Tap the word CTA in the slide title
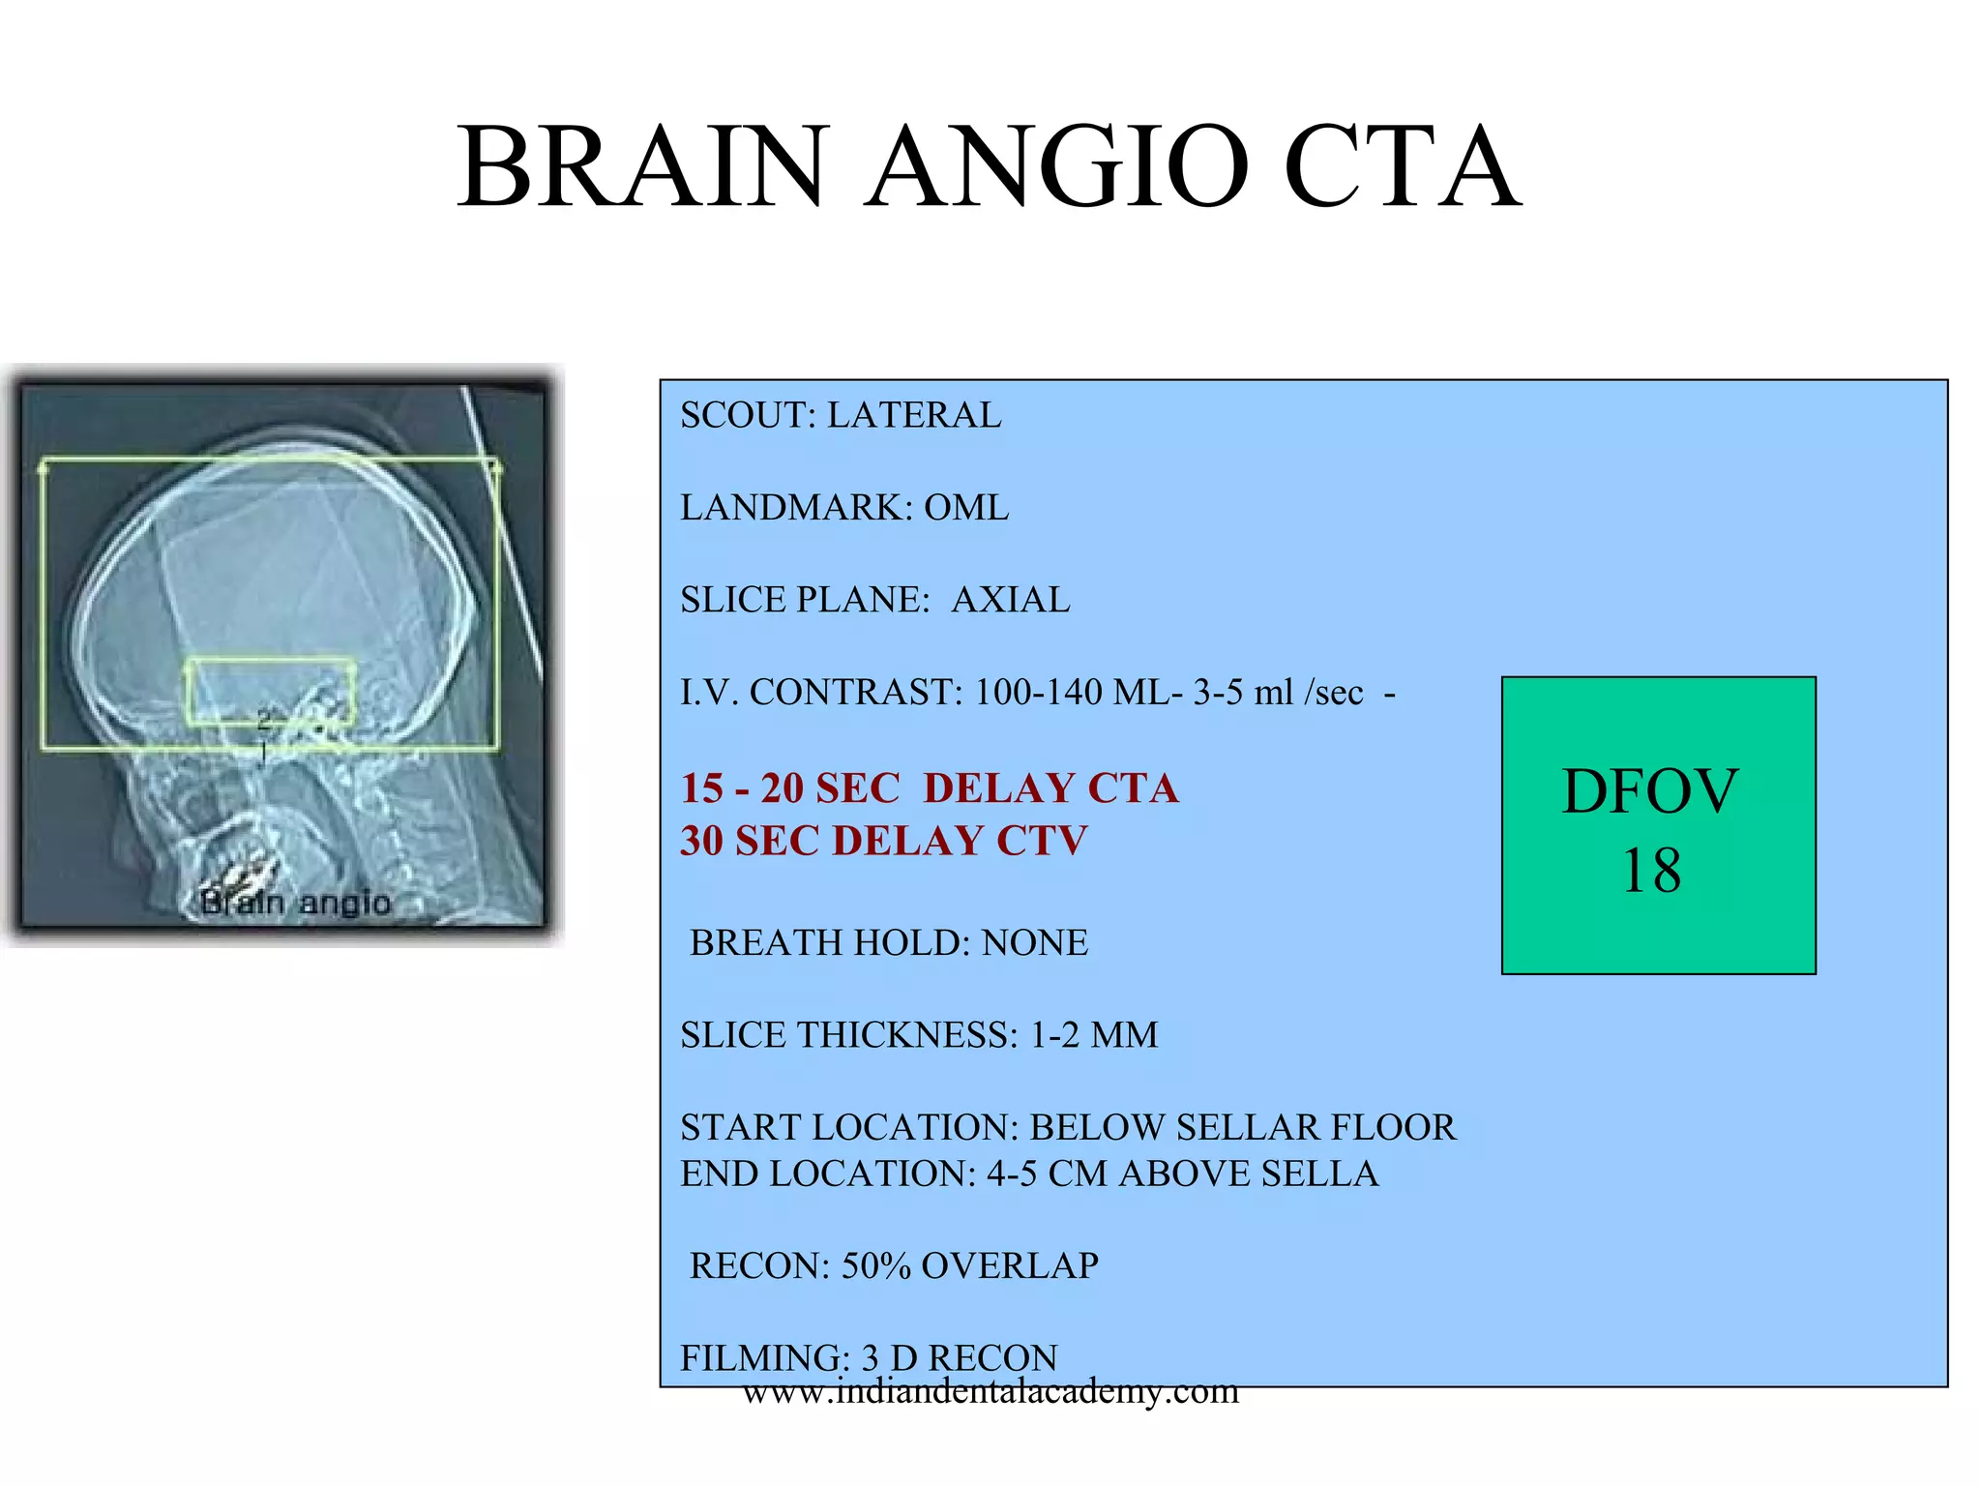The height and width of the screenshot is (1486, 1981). (x=1402, y=166)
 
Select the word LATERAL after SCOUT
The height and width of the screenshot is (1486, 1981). (x=914, y=415)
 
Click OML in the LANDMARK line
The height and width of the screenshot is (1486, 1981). (x=966, y=507)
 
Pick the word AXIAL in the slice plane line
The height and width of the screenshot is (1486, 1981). (x=1011, y=600)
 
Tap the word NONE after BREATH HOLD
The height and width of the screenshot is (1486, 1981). (x=1034, y=942)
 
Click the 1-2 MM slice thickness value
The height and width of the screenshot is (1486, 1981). (x=1093, y=1035)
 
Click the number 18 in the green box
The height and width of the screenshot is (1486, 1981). (x=1651, y=871)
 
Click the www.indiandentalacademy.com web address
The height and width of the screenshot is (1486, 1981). (x=990, y=1391)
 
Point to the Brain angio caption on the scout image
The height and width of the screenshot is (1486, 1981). (x=295, y=903)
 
